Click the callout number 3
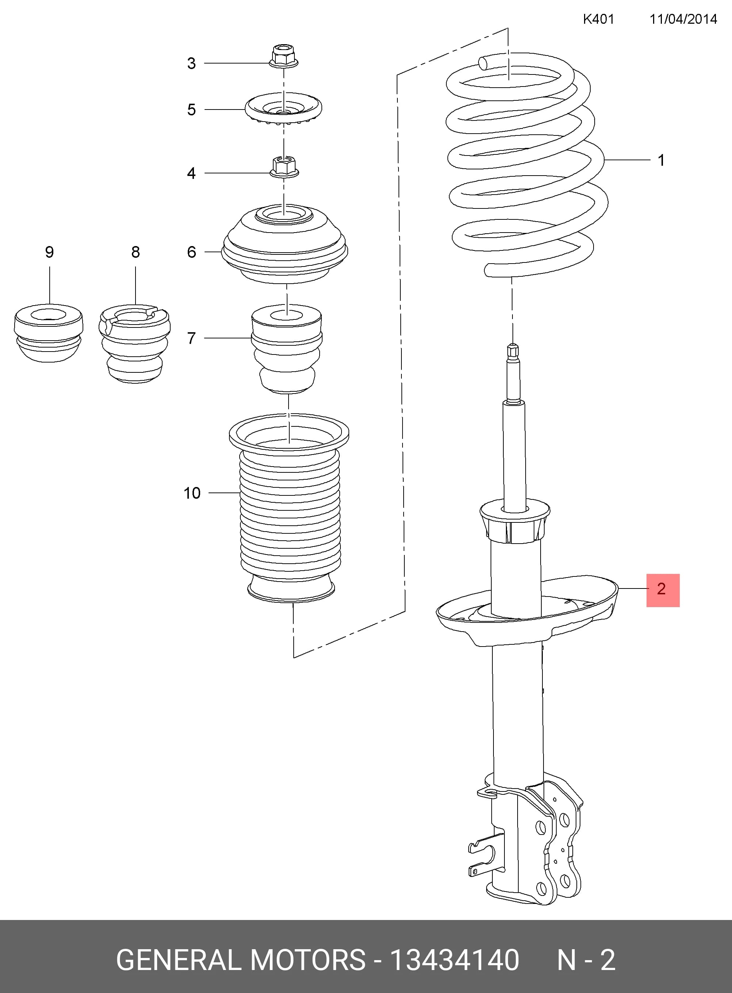[x=191, y=63]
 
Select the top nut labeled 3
[x=283, y=56]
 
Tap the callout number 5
[x=191, y=110]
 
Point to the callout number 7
[x=191, y=338]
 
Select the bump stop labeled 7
[x=287, y=348]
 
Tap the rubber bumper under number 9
[x=49, y=333]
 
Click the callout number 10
[x=192, y=493]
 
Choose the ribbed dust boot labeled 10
[x=289, y=508]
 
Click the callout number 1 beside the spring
[x=661, y=160]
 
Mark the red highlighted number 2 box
[x=663, y=590]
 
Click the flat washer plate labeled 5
[x=283, y=109]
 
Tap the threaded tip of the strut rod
[x=513, y=350]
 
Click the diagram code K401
[x=598, y=19]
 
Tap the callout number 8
[x=136, y=252]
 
